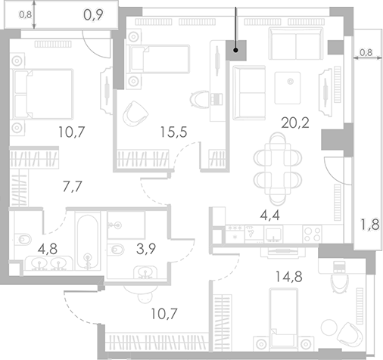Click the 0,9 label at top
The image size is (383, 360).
pos(93,13)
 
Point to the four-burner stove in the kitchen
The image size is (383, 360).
pos(310,234)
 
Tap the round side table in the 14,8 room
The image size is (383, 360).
pos(328,327)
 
